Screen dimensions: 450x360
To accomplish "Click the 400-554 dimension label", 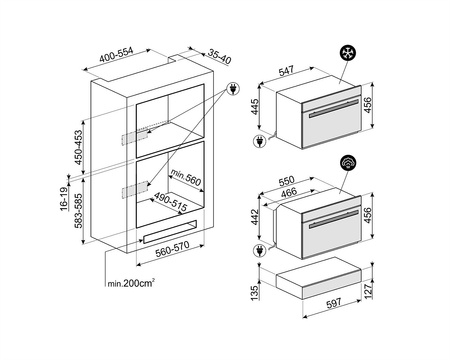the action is coord(116,55).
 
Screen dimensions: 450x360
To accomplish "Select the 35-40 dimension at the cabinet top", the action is coord(219,56).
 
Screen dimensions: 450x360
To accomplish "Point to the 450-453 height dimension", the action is coord(78,147).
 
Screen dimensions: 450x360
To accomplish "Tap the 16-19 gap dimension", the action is coord(64,199).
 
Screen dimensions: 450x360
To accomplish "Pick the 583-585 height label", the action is coord(78,210).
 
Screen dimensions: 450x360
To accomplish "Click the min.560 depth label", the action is coord(186,177).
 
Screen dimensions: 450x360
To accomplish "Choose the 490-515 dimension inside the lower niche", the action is coord(170,201).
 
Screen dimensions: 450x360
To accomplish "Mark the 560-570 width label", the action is coord(172,249).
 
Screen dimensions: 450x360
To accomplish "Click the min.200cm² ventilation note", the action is coord(131,283).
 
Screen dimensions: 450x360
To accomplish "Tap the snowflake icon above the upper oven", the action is coord(348,53).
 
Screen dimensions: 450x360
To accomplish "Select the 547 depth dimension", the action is coord(286,71).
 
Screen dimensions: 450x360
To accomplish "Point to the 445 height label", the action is coord(255,107).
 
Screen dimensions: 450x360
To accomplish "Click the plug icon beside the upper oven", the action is coord(259,141).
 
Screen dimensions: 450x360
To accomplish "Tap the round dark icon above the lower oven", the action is coord(348,162).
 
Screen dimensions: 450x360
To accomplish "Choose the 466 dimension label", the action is coord(288,192).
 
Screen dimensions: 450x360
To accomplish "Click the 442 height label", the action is coord(255,217).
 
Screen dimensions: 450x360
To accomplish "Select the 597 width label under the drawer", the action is coord(333,303).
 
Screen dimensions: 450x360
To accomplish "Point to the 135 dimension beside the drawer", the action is coord(255,293).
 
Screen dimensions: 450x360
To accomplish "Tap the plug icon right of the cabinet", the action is coord(233,89).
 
